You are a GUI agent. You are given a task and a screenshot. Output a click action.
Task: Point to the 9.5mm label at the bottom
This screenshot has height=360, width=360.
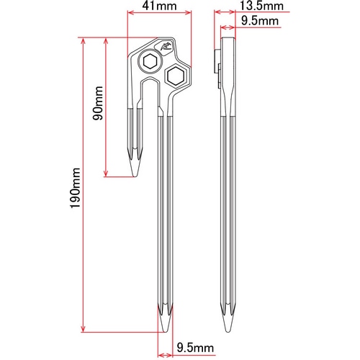[x=195, y=348]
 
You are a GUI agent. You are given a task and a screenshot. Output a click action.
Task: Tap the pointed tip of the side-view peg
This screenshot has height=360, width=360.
[x=228, y=332]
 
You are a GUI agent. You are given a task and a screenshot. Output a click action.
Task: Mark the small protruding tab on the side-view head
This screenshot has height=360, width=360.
[x=217, y=60]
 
